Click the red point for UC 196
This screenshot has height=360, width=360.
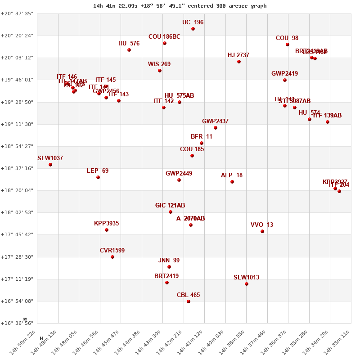pyautogui.click(x=193, y=29)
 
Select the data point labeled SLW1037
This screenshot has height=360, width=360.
pyautogui.click(x=50, y=165)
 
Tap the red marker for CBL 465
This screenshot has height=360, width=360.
pyautogui.click(x=189, y=301)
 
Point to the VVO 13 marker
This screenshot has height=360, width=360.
pyautogui.click(x=262, y=231)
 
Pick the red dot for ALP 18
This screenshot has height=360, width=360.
pyautogui.click(x=232, y=182)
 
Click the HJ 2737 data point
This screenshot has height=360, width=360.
pyautogui.click(x=239, y=62)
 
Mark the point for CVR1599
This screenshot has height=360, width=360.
pyautogui.click(x=112, y=257)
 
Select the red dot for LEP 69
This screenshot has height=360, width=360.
pyautogui.click(x=98, y=177)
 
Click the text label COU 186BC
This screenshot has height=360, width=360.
pyautogui.click(x=164, y=37)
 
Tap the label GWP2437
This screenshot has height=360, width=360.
pyautogui.click(x=215, y=121)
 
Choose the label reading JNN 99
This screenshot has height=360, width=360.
pyautogui.click(x=169, y=261)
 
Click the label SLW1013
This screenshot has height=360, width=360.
pyautogui.click(x=246, y=278)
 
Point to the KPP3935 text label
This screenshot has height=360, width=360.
pyautogui.click(x=106, y=224)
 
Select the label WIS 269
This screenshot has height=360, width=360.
pyautogui.click(x=159, y=64)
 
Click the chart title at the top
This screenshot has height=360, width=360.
pyautogui.click(x=180, y=6)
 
